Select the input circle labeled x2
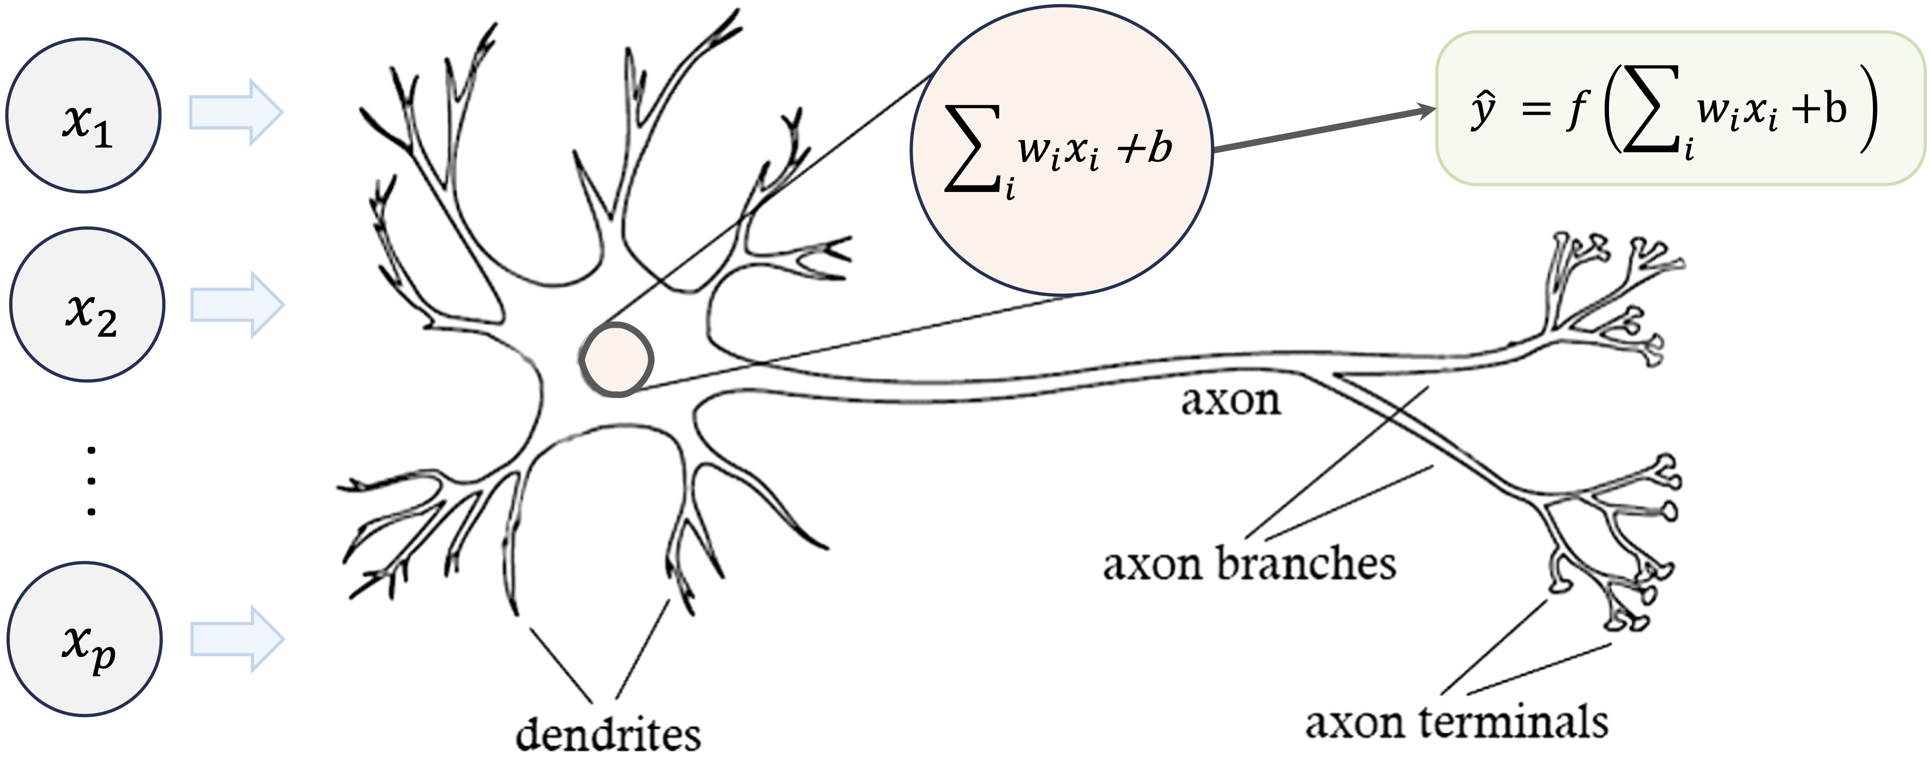click(x=87, y=305)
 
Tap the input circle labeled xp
click(x=85, y=639)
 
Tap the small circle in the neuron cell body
click(x=616, y=360)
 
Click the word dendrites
click(x=608, y=734)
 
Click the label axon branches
click(x=1249, y=564)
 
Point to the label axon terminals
click(x=1456, y=722)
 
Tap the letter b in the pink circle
click(x=1160, y=148)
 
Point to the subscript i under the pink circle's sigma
click(x=1010, y=190)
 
